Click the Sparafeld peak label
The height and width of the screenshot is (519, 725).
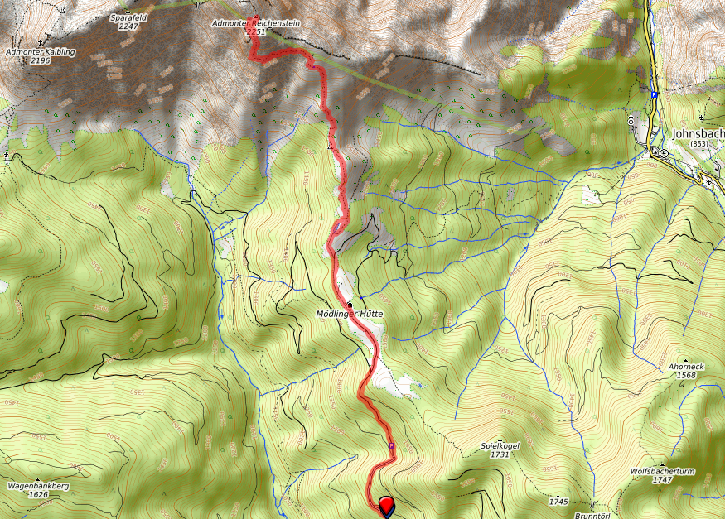128,17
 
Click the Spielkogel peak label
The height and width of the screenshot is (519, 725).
500,445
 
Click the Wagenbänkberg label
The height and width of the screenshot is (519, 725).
37,485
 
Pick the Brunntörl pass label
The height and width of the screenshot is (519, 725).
591,513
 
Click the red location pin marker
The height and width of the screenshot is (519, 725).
387,504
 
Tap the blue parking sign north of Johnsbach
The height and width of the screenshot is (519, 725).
654,95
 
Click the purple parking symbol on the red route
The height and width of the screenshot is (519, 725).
391,447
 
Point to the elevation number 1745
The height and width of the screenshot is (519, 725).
558,502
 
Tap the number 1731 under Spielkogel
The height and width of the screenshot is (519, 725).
500,454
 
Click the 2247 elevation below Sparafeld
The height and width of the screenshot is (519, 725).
128,26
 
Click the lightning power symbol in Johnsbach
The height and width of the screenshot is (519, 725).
665,152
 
